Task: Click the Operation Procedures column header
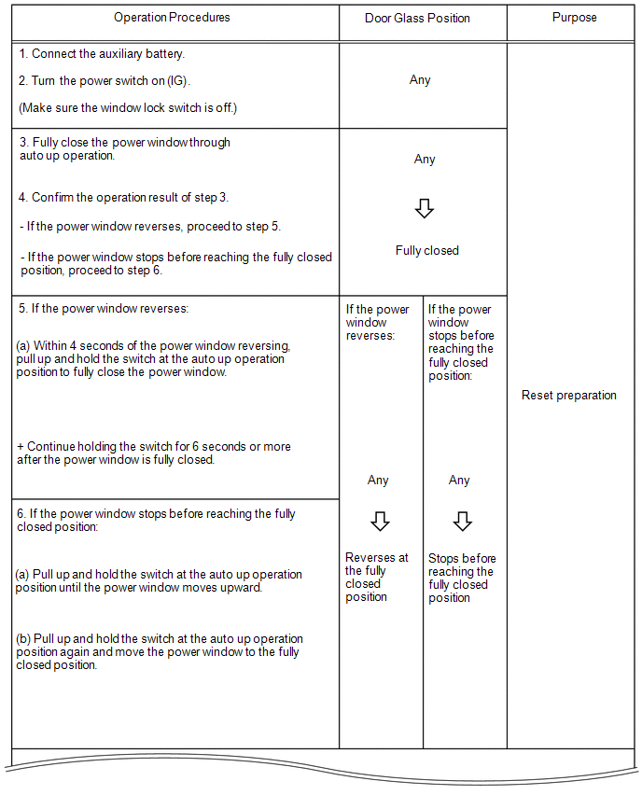tap(172, 18)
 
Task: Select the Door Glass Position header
tap(422, 18)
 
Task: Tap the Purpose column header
tap(574, 18)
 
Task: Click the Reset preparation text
tap(568, 396)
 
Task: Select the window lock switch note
tap(128, 108)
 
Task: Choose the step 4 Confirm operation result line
tap(123, 198)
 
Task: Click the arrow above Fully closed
tap(425, 209)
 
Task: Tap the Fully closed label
tap(426, 251)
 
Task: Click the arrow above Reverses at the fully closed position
tap(379, 521)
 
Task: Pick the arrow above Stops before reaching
tap(461, 521)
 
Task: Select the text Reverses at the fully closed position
tap(376, 578)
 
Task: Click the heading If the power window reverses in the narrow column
tap(377, 323)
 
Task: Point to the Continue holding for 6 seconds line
tap(154, 453)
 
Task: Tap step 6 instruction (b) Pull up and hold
tap(159, 652)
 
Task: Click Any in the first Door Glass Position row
tap(420, 80)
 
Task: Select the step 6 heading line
tap(156, 521)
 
